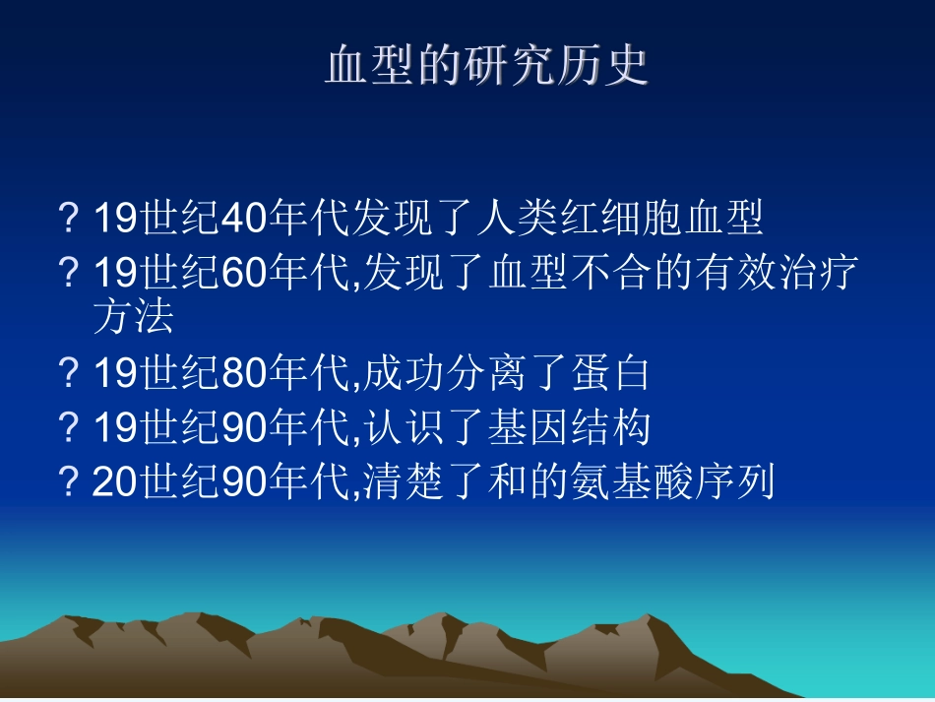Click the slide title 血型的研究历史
coord(487,66)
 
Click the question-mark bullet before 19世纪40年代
coord(69,219)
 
